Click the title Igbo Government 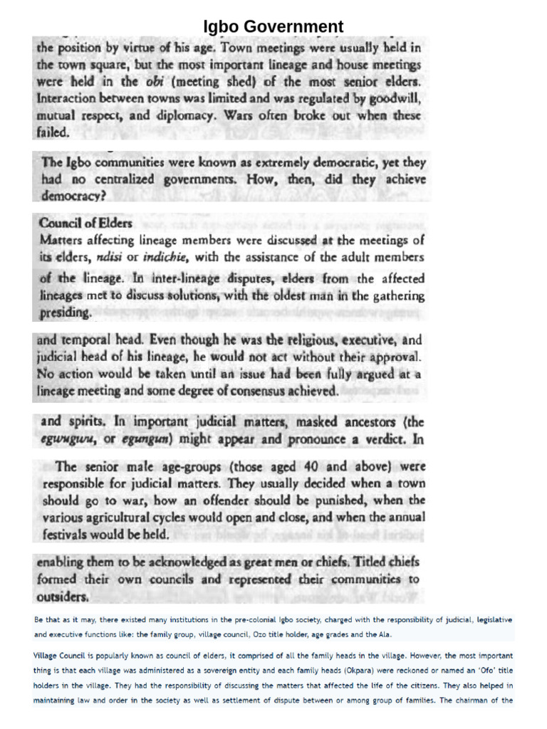click(x=273, y=27)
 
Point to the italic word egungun click(x=146, y=440)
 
